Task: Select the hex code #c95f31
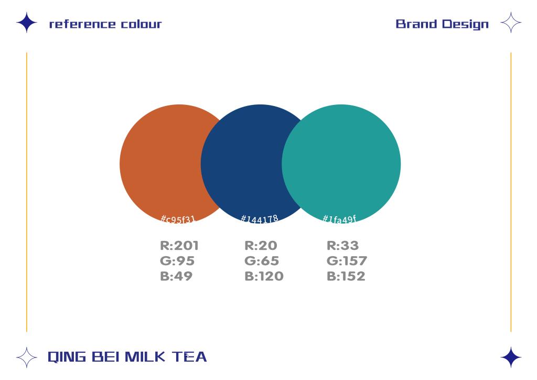178,219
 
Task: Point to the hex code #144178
260,219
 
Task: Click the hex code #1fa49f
339,219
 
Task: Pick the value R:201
179,246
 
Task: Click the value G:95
177,261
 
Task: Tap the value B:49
176,276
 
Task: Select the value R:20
261,246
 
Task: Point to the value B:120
264,276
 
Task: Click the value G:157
347,261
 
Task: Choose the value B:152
346,276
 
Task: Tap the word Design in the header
465,24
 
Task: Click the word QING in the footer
67,357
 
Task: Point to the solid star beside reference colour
27,23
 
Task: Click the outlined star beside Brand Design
511,23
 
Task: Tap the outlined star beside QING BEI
27,357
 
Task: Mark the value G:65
262,261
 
